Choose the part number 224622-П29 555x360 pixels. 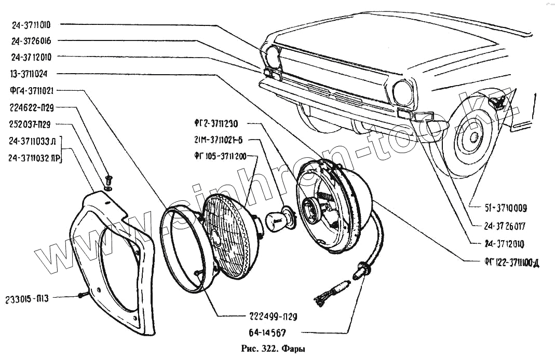pos(32,108)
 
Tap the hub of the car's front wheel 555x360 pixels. pos(473,137)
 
